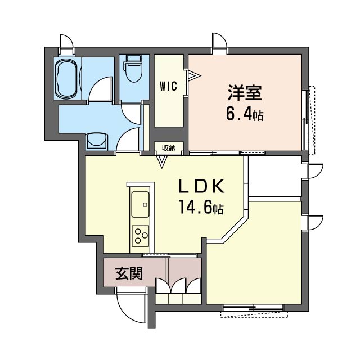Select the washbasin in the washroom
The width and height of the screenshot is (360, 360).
click(x=97, y=141)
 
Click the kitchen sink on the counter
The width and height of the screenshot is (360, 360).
click(x=140, y=204)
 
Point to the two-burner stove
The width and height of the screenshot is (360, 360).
click(x=140, y=235)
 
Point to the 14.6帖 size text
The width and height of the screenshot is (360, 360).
click(x=201, y=208)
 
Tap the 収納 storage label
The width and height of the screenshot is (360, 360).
click(x=169, y=148)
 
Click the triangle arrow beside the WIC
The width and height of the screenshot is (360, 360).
click(x=193, y=74)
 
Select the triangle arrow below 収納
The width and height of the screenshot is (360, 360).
click(x=163, y=162)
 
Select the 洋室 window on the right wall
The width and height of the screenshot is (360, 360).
click(x=309, y=120)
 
